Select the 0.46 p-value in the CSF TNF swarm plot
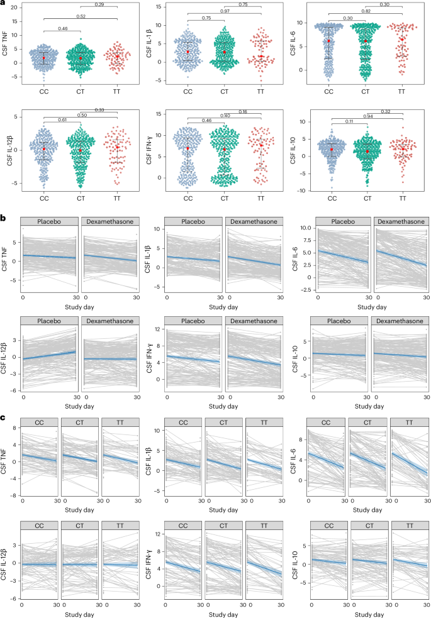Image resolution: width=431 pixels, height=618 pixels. pos(62,28)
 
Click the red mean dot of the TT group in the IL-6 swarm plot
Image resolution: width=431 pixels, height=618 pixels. pos(402,40)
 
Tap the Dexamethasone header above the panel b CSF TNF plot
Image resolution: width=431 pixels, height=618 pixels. pos(111,221)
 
